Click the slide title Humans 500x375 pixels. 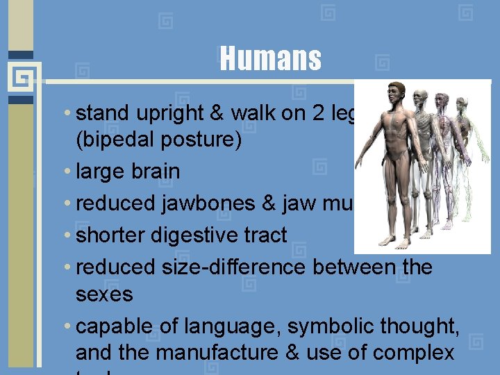point(270,59)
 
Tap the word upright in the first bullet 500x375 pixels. point(167,113)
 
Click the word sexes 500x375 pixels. point(103,294)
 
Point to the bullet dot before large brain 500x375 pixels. point(66,172)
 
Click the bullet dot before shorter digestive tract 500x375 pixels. point(66,236)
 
